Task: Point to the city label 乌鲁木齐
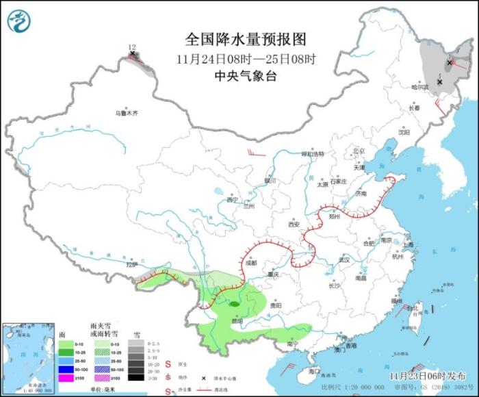[126, 113]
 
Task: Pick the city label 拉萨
[131, 264]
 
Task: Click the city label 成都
[250, 262]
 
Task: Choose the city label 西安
[294, 224]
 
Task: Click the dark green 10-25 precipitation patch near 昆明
[234, 303]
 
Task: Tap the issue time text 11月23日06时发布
[417, 376]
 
